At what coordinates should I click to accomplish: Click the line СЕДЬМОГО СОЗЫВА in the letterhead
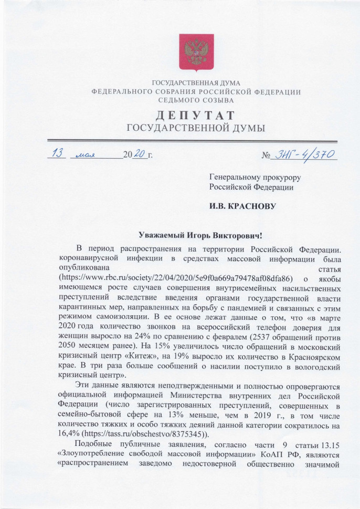pyautogui.click(x=196, y=100)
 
